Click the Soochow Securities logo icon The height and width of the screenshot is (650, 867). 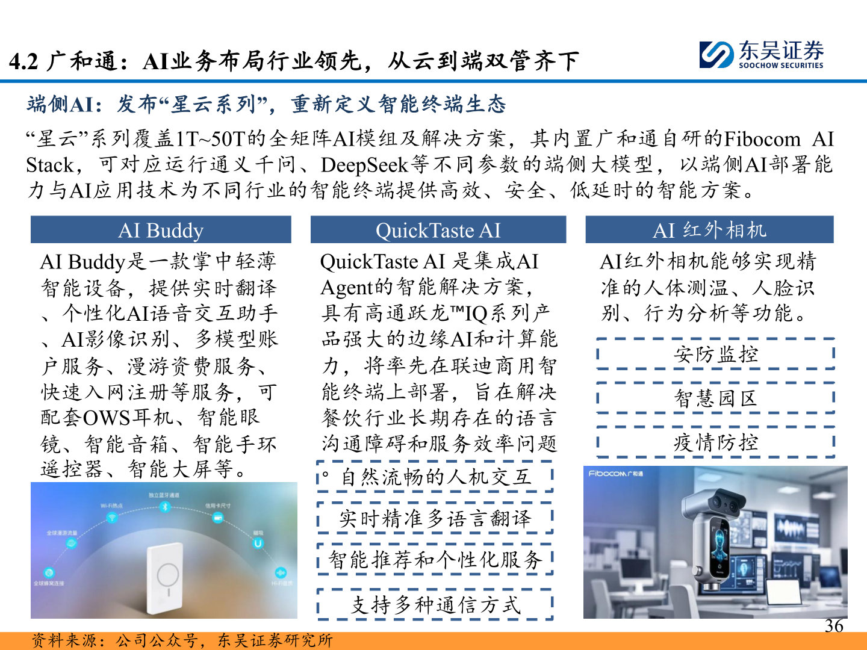(716, 55)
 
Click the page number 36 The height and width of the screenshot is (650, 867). (834, 626)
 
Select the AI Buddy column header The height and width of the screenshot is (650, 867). (161, 230)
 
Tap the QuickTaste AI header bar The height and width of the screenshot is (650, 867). (438, 230)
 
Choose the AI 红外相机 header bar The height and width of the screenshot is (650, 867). (709, 230)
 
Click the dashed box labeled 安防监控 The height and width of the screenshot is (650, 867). (715, 354)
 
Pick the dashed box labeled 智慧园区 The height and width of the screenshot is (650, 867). (715, 398)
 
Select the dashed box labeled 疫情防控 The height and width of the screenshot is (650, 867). (715, 442)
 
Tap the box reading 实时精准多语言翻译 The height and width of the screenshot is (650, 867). (435, 518)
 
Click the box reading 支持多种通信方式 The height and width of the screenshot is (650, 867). (435, 604)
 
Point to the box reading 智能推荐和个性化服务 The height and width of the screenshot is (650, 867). (435, 560)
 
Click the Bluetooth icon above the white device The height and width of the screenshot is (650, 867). (164, 507)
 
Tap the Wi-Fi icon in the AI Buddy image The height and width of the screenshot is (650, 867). (112, 518)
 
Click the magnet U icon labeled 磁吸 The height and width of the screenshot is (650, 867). (258, 543)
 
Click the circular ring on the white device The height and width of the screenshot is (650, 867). (167, 574)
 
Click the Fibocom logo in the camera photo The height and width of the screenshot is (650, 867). (616, 474)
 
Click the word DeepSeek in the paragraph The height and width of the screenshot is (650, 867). (363, 164)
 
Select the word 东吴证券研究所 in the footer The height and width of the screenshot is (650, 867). (275, 640)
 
